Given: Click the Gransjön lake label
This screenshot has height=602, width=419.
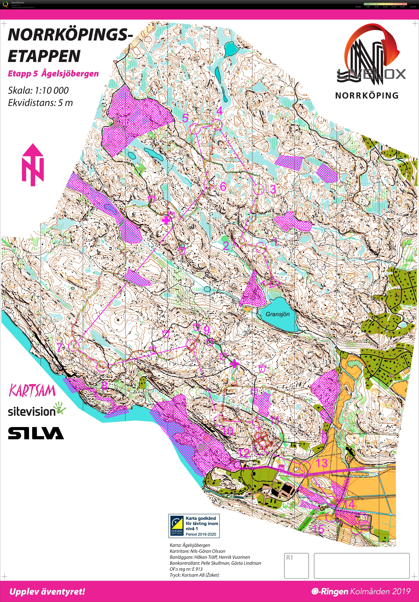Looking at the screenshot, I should pyautogui.click(x=277, y=314).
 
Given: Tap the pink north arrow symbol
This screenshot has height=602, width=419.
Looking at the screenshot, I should pyautogui.click(x=33, y=165).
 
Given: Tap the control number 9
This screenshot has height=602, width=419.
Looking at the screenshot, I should pyautogui.click(x=206, y=330).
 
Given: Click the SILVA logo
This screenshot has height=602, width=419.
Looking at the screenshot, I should pyautogui.click(x=36, y=433).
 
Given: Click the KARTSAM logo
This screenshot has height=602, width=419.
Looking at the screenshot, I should pyautogui.click(x=32, y=391).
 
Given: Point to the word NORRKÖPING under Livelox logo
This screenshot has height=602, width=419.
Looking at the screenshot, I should pyautogui.click(x=367, y=95).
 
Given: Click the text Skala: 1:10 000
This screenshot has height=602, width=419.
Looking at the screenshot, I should pyautogui.click(x=38, y=90).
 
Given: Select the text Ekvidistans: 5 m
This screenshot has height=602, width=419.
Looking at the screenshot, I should pyautogui.click(x=40, y=103).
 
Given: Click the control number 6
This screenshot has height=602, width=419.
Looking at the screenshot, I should pyautogui.click(x=223, y=186).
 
